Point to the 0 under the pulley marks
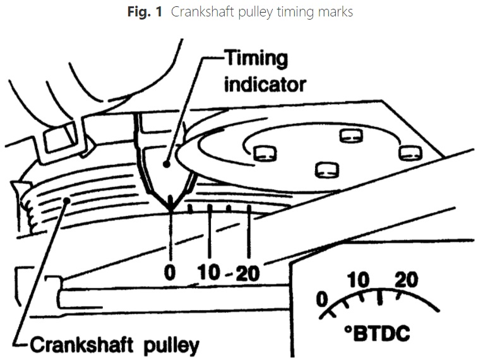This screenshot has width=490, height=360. click(x=170, y=273)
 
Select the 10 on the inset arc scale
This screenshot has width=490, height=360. click(x=358, y=279)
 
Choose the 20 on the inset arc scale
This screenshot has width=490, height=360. click(x=406, y=279)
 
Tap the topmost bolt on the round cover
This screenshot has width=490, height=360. click(x=349, y=135)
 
